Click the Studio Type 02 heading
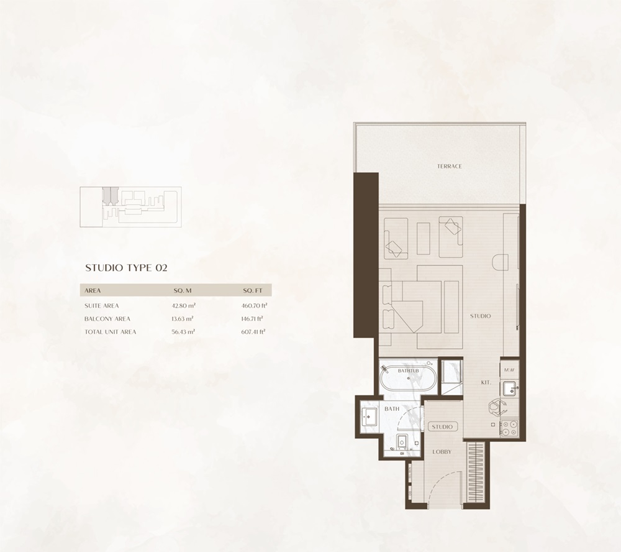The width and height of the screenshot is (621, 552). point(126,268)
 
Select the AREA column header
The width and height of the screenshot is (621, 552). point(93,290)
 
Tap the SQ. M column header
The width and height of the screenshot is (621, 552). point(183,290)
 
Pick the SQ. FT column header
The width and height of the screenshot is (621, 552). point(252,290)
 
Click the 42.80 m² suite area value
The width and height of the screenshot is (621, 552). point(184,306)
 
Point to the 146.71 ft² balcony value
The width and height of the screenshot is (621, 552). point(253,319)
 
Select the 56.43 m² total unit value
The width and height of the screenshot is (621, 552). point(184,332)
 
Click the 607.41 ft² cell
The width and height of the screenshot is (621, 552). point(253,332)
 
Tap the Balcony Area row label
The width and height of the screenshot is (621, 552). point(107,319)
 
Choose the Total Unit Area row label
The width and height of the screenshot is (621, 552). point(111,332)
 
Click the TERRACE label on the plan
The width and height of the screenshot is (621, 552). point(449,166)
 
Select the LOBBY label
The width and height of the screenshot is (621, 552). point(442,451)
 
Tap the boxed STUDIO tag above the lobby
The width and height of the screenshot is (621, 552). point(442,427)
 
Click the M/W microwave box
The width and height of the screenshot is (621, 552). point(509,370)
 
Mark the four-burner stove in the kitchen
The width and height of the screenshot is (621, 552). point(508,428)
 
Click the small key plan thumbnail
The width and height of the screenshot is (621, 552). point(132,204)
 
